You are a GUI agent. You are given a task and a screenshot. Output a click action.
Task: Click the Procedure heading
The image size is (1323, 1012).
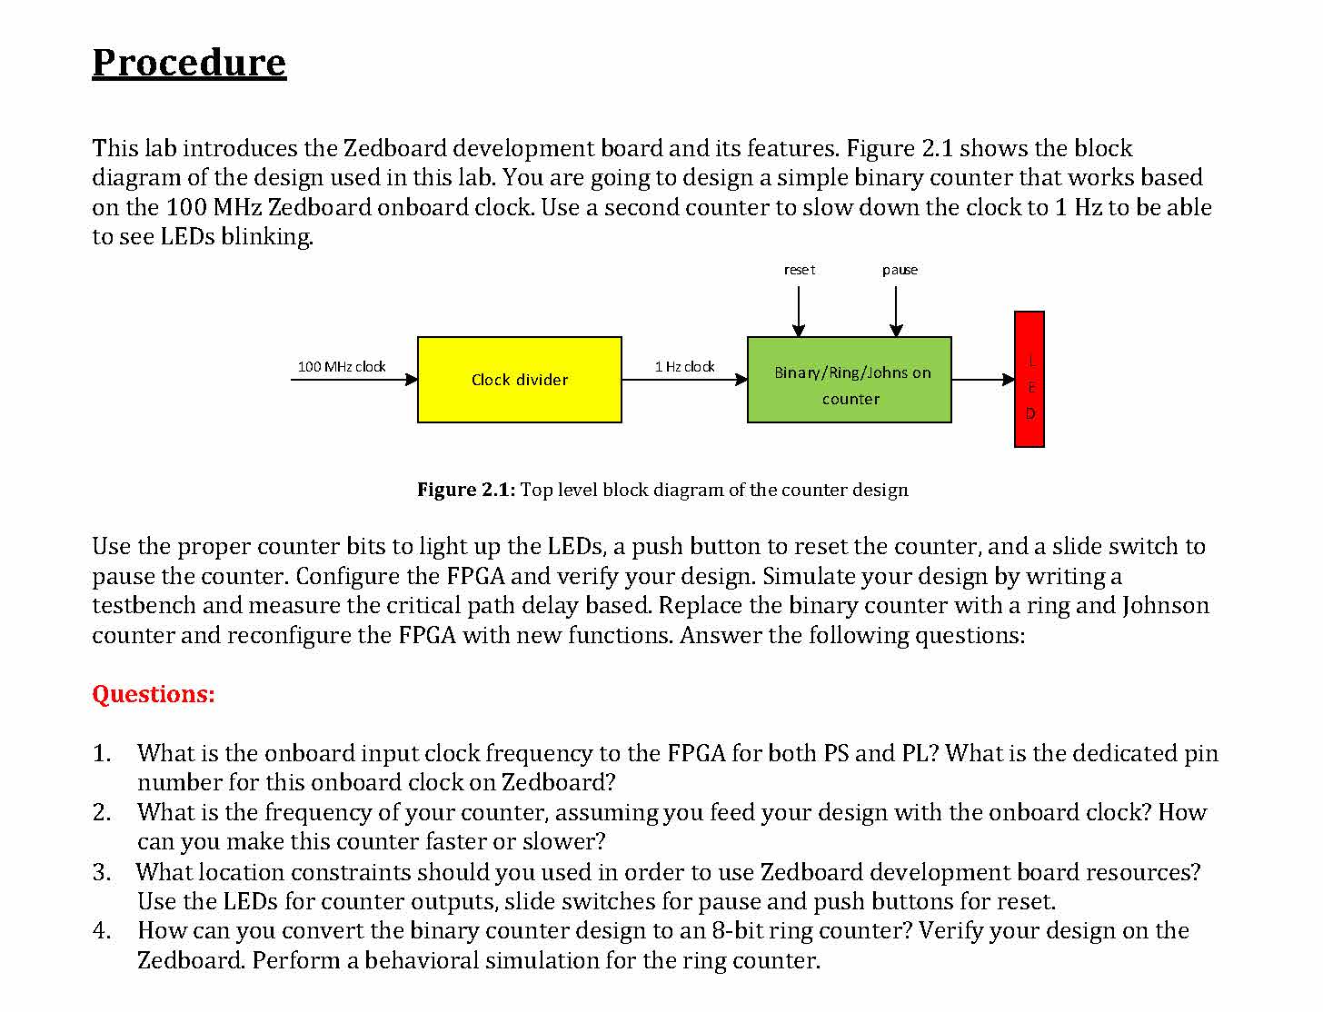pyautogui.click(x=189, y=63)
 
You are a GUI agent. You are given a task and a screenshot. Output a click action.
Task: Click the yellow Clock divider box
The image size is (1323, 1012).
pyautogui.click(x=519, y=380)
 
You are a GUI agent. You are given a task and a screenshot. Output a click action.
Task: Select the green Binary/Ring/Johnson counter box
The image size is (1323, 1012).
pyautogui.click(x=849, y=380)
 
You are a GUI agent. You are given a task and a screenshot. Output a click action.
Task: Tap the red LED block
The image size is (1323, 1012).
pyautogui.click(x=1029, y=380)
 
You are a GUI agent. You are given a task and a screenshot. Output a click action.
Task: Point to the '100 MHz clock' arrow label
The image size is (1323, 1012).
pyautogui.click(x=342, y=367)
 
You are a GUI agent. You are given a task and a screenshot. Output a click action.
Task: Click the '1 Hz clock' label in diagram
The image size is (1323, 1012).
pyautogui.click(x=684, y=367)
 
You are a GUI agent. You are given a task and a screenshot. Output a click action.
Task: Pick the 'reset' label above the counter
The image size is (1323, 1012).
pyautogui.click(x=800, y=270)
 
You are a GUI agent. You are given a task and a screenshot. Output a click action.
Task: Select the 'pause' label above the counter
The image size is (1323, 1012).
pyautogui.click(x=900, y=270)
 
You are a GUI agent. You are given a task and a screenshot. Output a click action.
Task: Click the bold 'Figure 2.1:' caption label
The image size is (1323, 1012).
pyautogui.click(x=466, y=491)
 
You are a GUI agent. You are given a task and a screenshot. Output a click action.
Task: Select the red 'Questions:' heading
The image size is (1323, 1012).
pyautogui.click(x=154, y=695)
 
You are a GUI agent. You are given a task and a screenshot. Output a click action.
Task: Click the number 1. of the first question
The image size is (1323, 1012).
pyautogui.click(x=102, y=754)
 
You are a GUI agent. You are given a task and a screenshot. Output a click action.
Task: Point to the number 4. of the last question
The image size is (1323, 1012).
pyautogui.click(x=102, y=931)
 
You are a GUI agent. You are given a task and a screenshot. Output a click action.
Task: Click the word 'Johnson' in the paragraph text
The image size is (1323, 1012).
pyautogui.click(x=1165, y=606)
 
